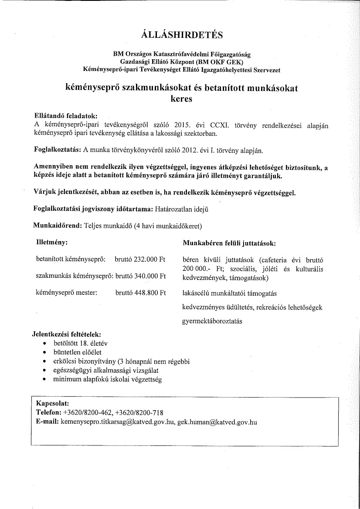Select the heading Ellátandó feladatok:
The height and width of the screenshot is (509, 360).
65,116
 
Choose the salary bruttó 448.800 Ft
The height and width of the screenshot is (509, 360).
140,293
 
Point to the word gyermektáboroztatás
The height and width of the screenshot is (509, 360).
212,321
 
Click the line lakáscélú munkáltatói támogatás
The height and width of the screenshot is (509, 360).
230,293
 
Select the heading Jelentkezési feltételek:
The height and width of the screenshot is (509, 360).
67,335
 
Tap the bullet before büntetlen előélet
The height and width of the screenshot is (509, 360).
45,352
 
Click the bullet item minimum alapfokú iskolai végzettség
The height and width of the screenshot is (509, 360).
107,379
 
